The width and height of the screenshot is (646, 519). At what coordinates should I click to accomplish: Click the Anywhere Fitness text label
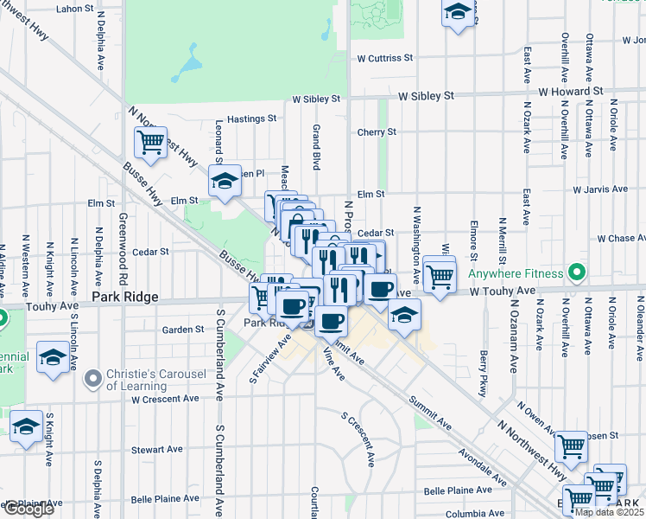[515, 274]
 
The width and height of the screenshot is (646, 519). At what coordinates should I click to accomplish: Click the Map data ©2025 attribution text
[609, 512]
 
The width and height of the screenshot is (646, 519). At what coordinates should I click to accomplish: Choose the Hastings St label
[251, 119]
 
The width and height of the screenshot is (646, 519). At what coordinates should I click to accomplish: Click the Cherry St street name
[377, 132]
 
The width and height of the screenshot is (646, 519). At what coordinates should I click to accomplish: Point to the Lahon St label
[74, 9]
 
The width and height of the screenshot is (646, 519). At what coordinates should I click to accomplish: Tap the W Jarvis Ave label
[599, 189]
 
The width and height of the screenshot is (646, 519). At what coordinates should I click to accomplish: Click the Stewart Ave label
[157, 450]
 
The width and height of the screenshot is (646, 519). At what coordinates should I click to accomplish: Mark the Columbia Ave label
[476, 513]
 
